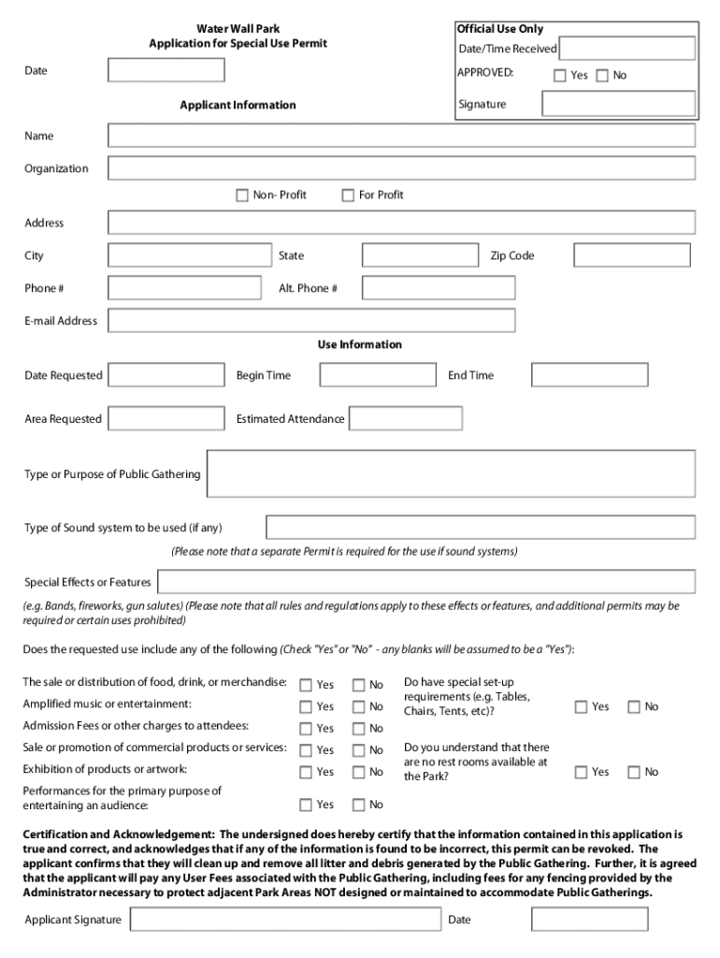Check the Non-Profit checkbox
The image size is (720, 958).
(x=243, y=196)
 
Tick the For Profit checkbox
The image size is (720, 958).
(x=348, y=196)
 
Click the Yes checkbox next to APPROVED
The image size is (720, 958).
(x=560, y=76)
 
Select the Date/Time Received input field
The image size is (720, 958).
(x=626, y=49)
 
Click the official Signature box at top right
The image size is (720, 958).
(x=618, y=104)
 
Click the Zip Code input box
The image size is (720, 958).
(x=631, y=255)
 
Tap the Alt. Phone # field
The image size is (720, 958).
(x=439, y=288)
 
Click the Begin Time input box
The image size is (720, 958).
(x=378, y=375)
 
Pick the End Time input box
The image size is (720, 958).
(x=589, y=375)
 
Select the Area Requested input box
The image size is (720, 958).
(x=166, y=419)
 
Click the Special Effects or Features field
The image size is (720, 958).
(x=425, y=582)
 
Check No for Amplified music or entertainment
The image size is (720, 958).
(x=358, y=707)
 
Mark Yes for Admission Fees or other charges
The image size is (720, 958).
(x=306, y=729)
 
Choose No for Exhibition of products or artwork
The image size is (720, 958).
(x=358, y=773)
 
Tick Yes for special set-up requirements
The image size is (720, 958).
(x=581, y=707)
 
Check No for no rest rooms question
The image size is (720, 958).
(x=634, y=773)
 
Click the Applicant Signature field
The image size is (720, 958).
(x=285, y=920)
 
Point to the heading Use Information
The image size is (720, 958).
(x=360, y=344)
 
